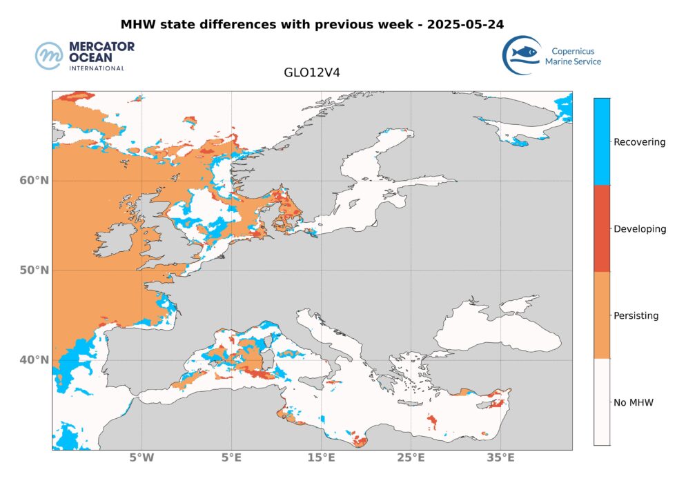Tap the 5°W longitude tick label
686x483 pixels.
point(141,457)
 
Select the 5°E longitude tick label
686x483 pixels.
point(231,457)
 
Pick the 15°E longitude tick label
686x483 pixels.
point(321,457)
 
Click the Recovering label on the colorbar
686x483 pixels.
point(640,142)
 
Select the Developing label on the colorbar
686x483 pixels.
point(640,229)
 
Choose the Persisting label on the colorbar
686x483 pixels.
point(636,316)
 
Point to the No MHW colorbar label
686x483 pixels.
point(633,402)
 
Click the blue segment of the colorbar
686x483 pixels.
point(602,141)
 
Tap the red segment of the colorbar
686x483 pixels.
point(602,228)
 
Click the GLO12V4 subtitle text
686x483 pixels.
point(311,71)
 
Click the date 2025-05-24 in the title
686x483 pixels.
point(464,24)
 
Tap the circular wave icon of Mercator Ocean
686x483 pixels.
point(50,55)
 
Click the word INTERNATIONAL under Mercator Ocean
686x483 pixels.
point(97,68)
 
